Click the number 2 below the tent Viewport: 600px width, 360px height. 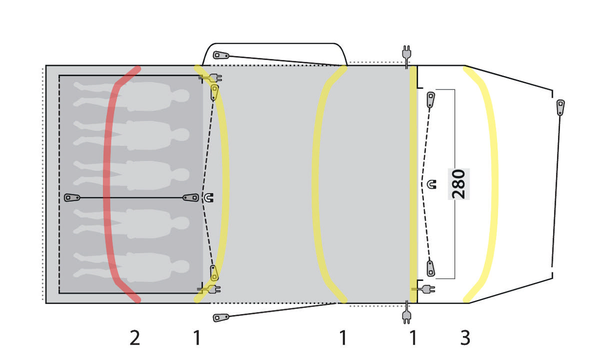point(134,338)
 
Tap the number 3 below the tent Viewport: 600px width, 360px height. point(465,338)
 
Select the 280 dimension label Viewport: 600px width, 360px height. point(458,184)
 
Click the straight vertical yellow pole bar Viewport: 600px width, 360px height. point(413,184)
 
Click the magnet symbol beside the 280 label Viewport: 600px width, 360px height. point(431,184)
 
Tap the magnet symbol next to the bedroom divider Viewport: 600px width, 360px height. point(208,197)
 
